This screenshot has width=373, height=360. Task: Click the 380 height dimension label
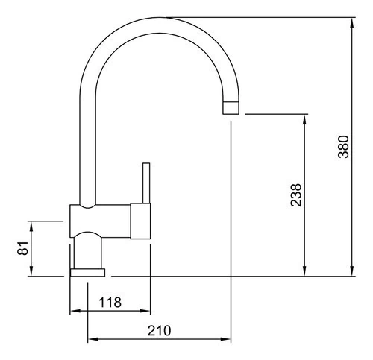(x=343, y=147)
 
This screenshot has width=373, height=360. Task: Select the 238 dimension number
(x=296, y=195)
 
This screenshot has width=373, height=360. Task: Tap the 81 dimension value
(x=23, y=247)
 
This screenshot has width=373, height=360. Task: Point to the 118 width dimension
(x=110, y=303)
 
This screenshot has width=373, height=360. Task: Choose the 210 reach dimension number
(x=159, y=330)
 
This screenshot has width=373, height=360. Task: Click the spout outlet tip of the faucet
(x=231, y=108)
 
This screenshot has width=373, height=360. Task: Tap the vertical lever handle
(x=146, y=183)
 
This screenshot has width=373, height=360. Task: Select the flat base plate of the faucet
(x=87, y=272)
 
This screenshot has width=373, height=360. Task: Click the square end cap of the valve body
(x=140, y=221)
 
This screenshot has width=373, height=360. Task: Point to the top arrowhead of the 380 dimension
(x=352, y=23)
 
